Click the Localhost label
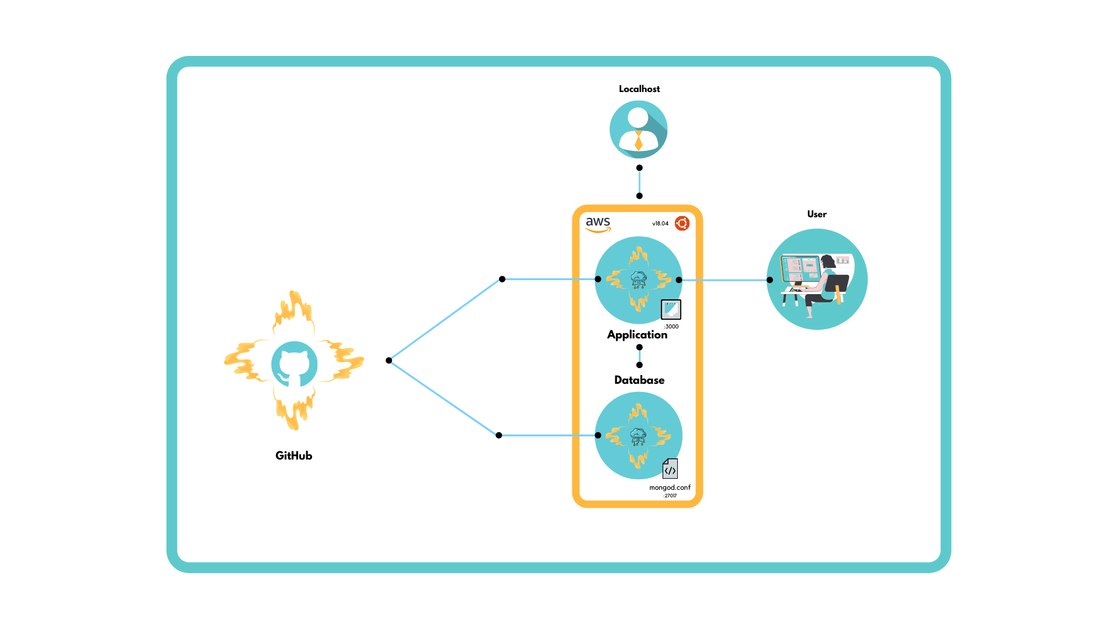(639, 89)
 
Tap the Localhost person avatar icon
(638, 129)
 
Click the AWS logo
(598, 224)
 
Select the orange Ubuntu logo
(682, 223)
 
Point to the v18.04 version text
(660, 224)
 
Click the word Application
(637, 335)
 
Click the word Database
(639, 380)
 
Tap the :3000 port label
(671, 327)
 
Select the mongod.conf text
(670, 487)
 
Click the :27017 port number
(670, 496)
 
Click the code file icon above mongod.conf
(670, 469)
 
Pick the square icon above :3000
(671, 309)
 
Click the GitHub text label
(293, 456)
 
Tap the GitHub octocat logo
(294, 365)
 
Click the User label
(816, 214)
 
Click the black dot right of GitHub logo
(389, 361)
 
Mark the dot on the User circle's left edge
(770, 280)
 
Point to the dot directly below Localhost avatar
(639, 168)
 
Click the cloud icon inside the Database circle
(638, 434)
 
